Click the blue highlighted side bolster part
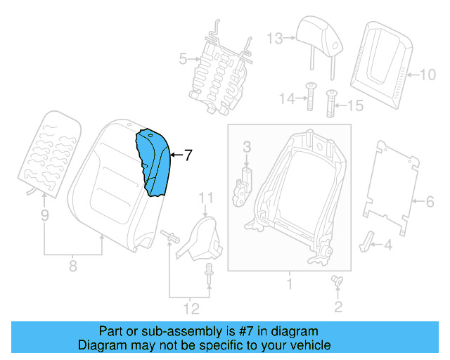point(155,164)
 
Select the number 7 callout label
point(187,156)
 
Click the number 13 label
point(274,38)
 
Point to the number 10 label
point(427,73)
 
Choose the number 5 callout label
point(182,60)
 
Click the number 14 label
point(285,100)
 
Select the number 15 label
point(356,106)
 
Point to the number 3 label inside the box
point(247,147)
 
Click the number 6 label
point(429,202)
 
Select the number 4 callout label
point(388,245)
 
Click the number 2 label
point(338,306)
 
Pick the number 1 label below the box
point(288,285)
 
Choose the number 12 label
point(191,308)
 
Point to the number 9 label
point(44,217)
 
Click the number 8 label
point(72,266)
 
